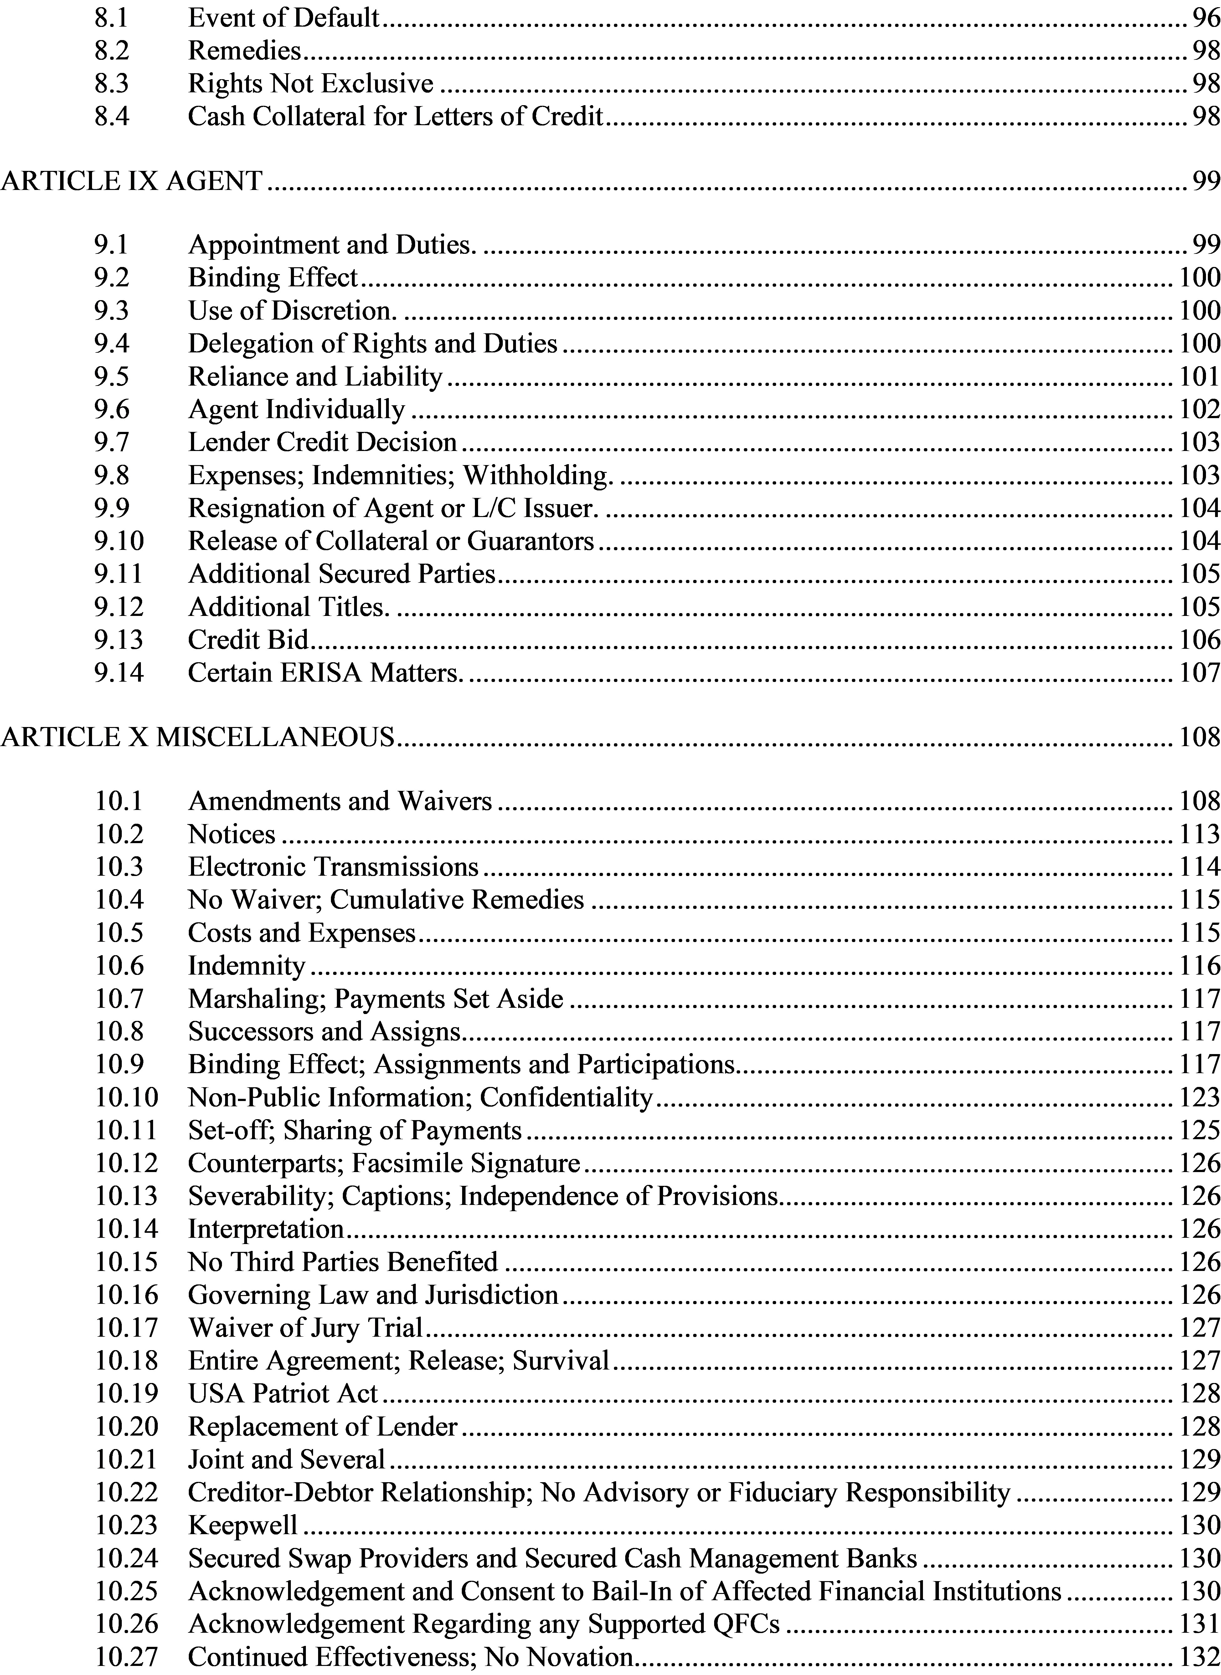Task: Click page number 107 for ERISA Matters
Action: (1200, 672)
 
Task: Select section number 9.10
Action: (118, 541)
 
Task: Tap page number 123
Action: (1200, 1097)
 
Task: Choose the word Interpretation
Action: (266, 1229)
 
